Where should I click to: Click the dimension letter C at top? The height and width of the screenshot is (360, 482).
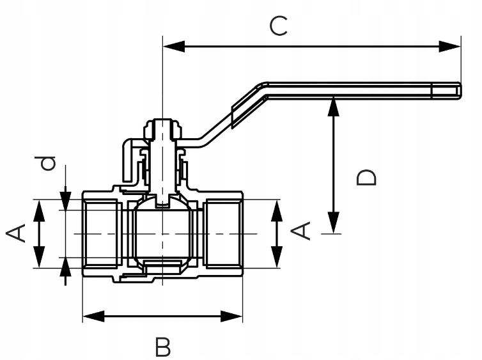(x=279, y=26)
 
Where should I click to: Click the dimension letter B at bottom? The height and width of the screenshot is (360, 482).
(x=163, y=347)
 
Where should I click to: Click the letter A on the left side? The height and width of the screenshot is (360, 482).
(x=17, y=233)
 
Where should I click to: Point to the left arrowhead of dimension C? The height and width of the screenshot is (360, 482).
(x=171, y=46)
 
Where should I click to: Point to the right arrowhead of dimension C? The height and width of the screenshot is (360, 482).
(x=453, y=46)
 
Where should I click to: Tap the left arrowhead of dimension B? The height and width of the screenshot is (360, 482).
(x=91, y=315)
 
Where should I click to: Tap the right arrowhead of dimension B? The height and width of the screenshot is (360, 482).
(x=235, y=315)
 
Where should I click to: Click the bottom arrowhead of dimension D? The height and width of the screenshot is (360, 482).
(x=333, y=226)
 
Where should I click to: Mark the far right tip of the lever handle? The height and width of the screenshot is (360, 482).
(x=459, y=91)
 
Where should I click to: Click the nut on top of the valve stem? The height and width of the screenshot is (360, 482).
(x=163, y=127)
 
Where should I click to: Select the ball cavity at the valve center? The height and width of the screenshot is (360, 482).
(x=163, y=233)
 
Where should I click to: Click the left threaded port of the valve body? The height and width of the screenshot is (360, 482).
(x=101, y=233)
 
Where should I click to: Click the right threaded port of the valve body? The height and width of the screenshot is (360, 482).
(x=224, y=233)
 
